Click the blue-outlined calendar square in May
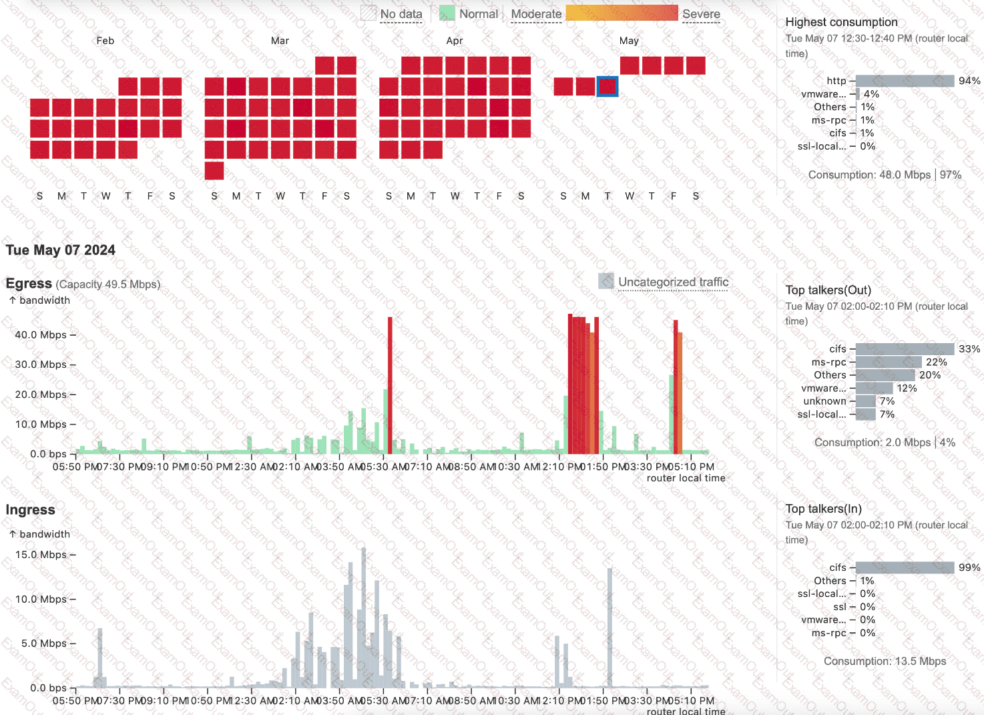point(607,87)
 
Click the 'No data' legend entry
point(401,14)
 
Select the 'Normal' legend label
point(478,14)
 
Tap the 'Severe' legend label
point(701,14)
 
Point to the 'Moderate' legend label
point(536,14)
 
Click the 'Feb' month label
point(105,41)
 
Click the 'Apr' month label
point(455,41)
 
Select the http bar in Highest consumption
point(905,81)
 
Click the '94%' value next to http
point(969,81)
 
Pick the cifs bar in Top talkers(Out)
point(905,349)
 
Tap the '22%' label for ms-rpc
point(936,362)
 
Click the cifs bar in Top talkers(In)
point(905,567)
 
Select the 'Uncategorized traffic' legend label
point(673,282)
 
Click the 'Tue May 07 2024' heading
point(61,250)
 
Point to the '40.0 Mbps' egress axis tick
point(41,335)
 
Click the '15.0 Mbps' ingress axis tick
point(41,555)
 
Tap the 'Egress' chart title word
point(29,284)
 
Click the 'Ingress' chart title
point(31,510)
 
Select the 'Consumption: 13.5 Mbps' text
point(885,661)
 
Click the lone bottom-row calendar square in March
point(214,171)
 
